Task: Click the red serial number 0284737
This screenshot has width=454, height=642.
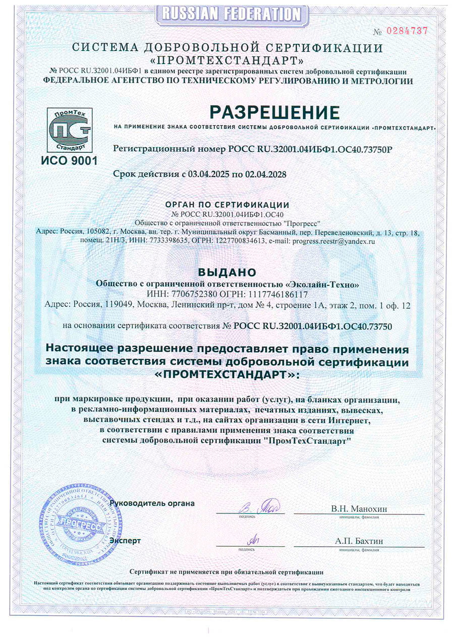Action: tap(407, 30)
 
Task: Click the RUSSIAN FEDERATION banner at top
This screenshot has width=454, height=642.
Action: tap(228, 14)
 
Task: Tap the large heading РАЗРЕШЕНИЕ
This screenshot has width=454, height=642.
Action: tap(275, 111)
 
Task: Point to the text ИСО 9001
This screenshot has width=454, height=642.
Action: tap(70, 161)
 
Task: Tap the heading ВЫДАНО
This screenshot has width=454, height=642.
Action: tap(228, 272)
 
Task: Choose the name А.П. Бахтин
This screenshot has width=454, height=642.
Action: tap(359, 541)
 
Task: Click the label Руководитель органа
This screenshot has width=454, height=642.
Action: tap(152, 503)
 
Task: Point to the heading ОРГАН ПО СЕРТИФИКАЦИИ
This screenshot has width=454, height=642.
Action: tap(228, 205)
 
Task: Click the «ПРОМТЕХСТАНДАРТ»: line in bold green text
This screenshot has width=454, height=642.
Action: tap(228, 376)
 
